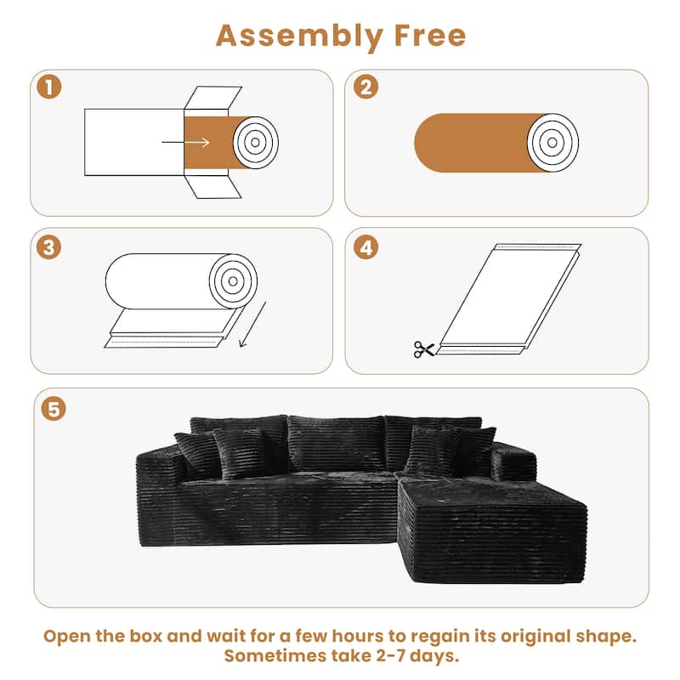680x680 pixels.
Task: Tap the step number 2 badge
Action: [365, 87]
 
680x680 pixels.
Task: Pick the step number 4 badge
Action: [365, 246]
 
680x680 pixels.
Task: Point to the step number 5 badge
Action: [54, 409]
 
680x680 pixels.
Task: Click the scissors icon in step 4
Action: [423, 348]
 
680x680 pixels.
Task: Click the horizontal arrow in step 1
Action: [197, 142]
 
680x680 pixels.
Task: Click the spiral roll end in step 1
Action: [255, 141]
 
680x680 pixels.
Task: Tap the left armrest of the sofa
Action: [161, 484]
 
